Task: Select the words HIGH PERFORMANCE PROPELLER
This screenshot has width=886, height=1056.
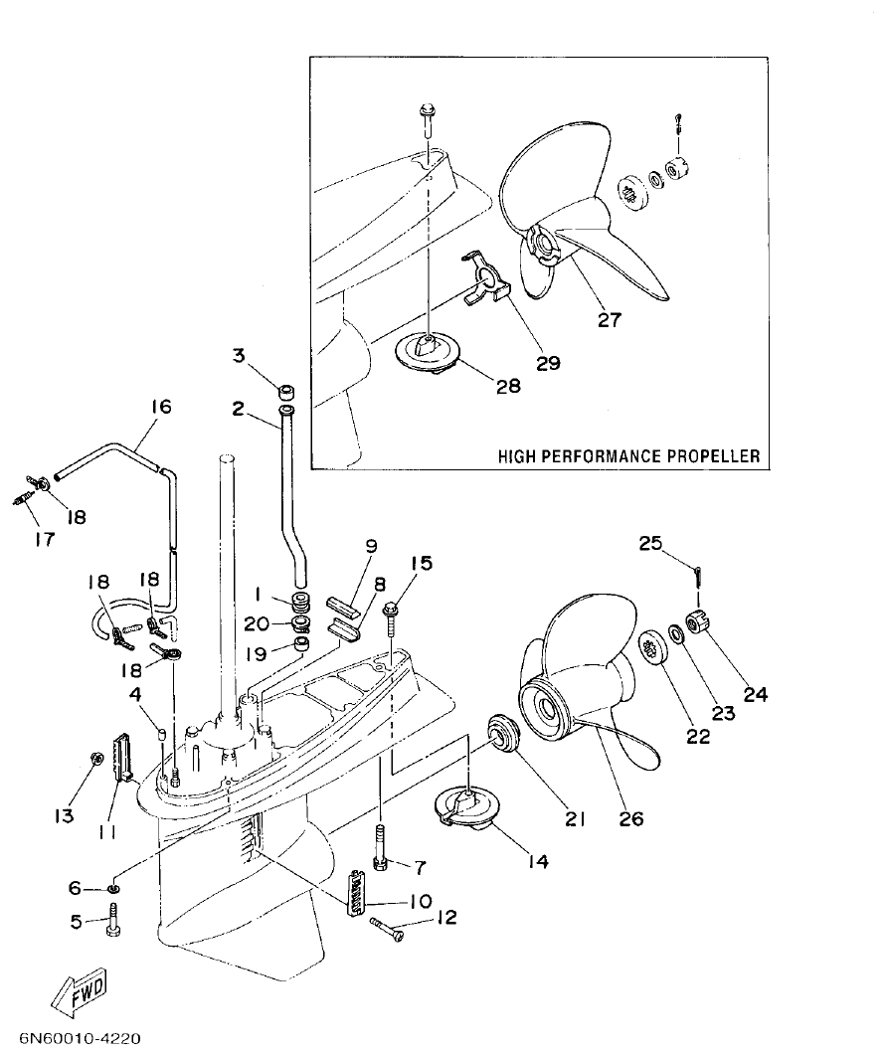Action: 628,456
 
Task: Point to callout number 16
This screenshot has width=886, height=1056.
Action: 161,407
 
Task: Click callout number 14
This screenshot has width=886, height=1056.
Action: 538,861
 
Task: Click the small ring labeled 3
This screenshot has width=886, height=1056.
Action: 283,387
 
